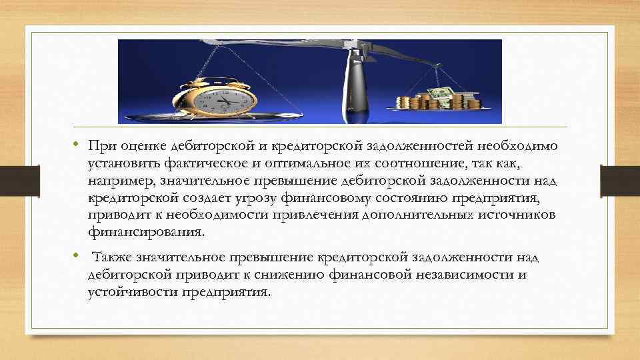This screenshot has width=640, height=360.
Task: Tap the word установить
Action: (125, 163)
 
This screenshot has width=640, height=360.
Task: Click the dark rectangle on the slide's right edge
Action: (620, 181)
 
